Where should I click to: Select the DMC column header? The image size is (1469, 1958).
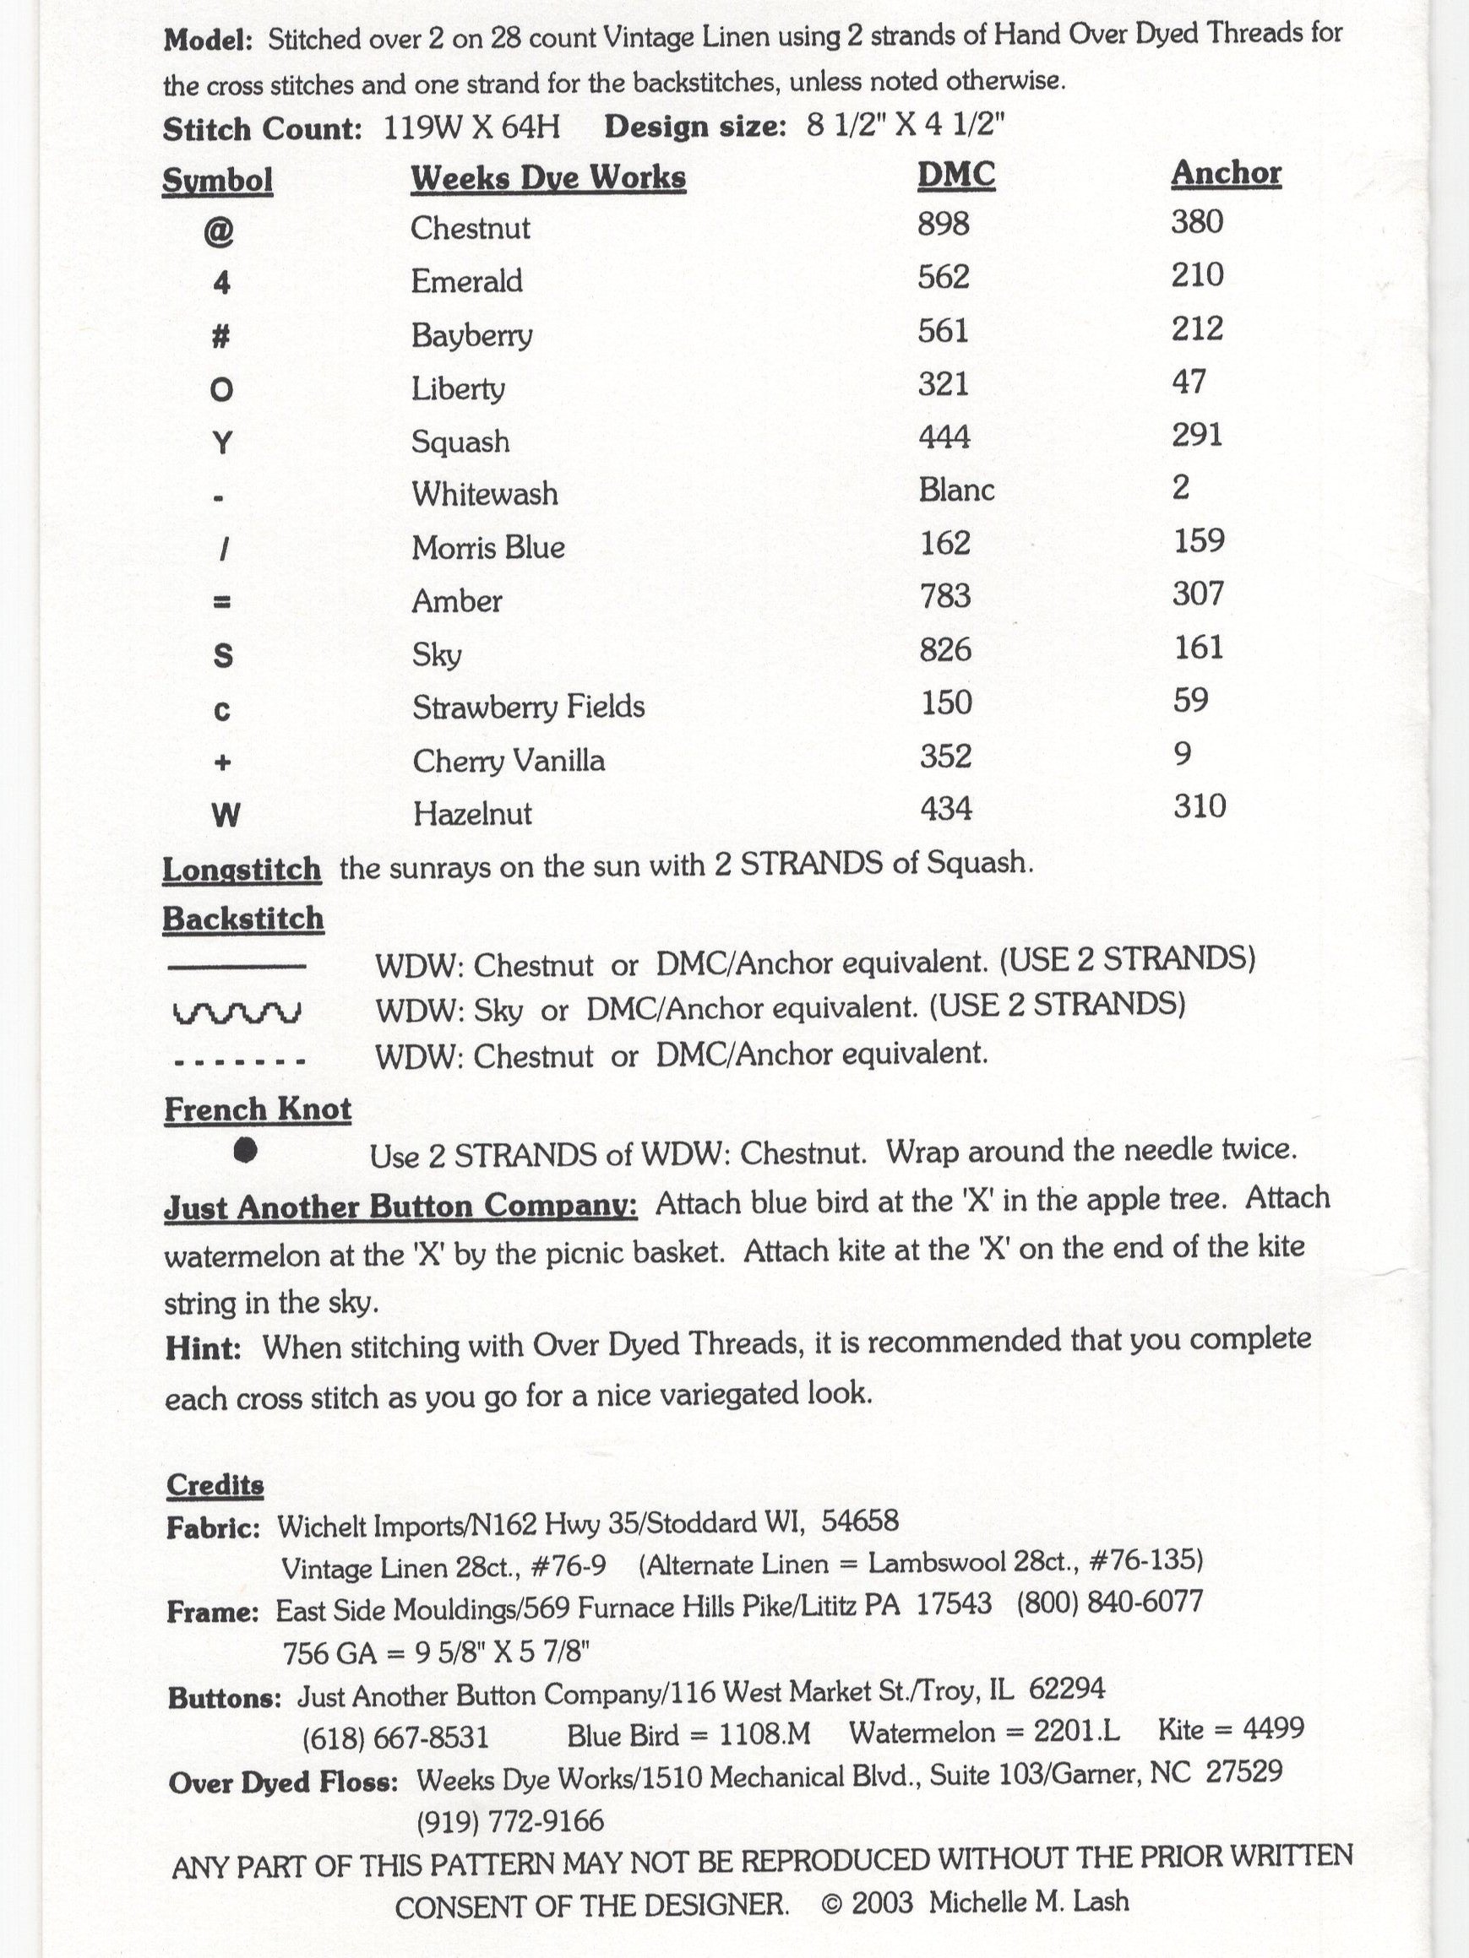click(x=955, y=175)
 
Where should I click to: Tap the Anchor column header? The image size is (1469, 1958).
click(x=1226, y=172)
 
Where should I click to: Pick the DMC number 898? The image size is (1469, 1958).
click(x=943, y=224)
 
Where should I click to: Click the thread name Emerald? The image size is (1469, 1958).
click(x=466, y=281)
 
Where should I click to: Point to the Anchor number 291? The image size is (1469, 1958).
click(x=1196, y=436)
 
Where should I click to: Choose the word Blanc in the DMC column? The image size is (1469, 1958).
click(x=956, y=490)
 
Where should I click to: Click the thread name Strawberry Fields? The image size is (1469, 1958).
click(x=529, y=708)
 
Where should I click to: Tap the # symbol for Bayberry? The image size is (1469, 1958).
click(x=221, y=336)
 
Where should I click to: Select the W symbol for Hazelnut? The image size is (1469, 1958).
click(x=225, y=815)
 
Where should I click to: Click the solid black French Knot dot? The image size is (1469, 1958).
click(x=245, y=1150)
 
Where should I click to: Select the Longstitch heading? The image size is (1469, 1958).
click(x=242, y=870)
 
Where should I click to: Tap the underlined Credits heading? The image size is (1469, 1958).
click(x=215, y=1484)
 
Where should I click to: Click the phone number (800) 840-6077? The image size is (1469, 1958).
click(x=1109, y=1603)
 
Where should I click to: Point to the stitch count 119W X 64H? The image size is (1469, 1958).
click(x=472, y=128)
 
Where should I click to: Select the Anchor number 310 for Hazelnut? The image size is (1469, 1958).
click(x=1199, y=806)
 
